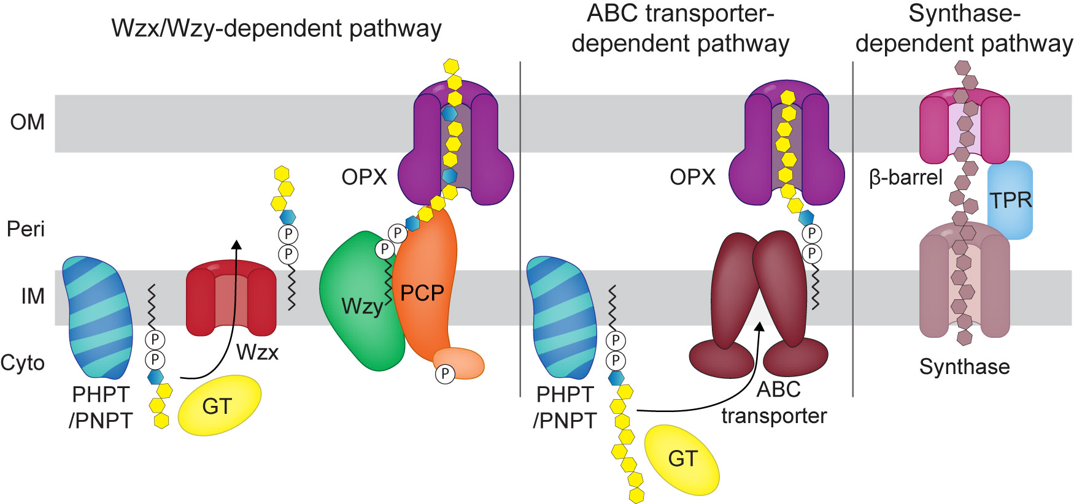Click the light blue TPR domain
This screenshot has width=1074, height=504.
coord(1010,200)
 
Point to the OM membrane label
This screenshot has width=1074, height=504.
coord(28,122)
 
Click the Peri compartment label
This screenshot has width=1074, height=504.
coord(26,229)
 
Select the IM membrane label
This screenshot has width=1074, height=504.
coord(33,296)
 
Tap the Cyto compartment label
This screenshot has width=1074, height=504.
coord(23,362)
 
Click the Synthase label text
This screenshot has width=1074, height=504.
coord(964,367)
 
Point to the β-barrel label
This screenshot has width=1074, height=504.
coord(906,177)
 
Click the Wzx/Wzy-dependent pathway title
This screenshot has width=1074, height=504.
coord(276,28)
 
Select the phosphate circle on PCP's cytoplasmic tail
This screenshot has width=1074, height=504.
coord(445,373)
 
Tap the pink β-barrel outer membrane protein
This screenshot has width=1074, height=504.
coord(933,129)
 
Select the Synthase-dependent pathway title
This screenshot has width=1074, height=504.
coord(964,29)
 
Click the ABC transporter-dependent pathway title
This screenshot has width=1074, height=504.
coord(680,29)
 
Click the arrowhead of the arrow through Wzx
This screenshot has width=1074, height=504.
coord(236,245)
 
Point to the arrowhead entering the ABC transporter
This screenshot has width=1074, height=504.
coord(759,327)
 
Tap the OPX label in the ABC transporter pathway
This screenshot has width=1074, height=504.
coord(692,177)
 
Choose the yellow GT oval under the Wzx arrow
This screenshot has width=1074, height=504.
coord(219,405)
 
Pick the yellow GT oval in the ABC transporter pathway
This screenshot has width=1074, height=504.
coord(682,459)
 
